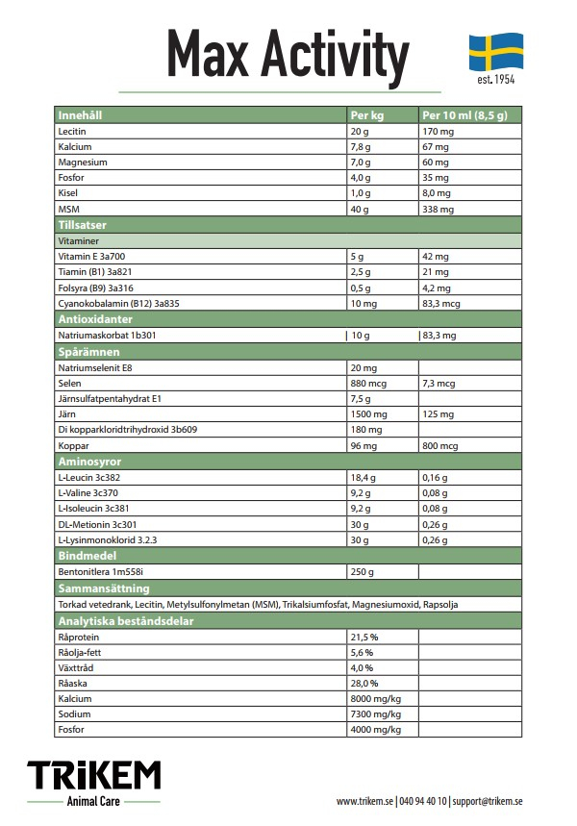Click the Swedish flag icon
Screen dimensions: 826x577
tap(496, 51)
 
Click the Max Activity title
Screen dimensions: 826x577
tap(288, 55)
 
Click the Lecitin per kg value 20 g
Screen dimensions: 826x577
tap(360, 131)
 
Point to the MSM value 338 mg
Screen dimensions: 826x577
tap(438, 209)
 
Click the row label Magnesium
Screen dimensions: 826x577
tap(83, 163)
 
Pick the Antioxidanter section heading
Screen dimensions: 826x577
tap(94, 318)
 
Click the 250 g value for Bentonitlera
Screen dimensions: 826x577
tap(363, 571)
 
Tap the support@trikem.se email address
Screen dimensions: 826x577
tap(487, 800)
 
